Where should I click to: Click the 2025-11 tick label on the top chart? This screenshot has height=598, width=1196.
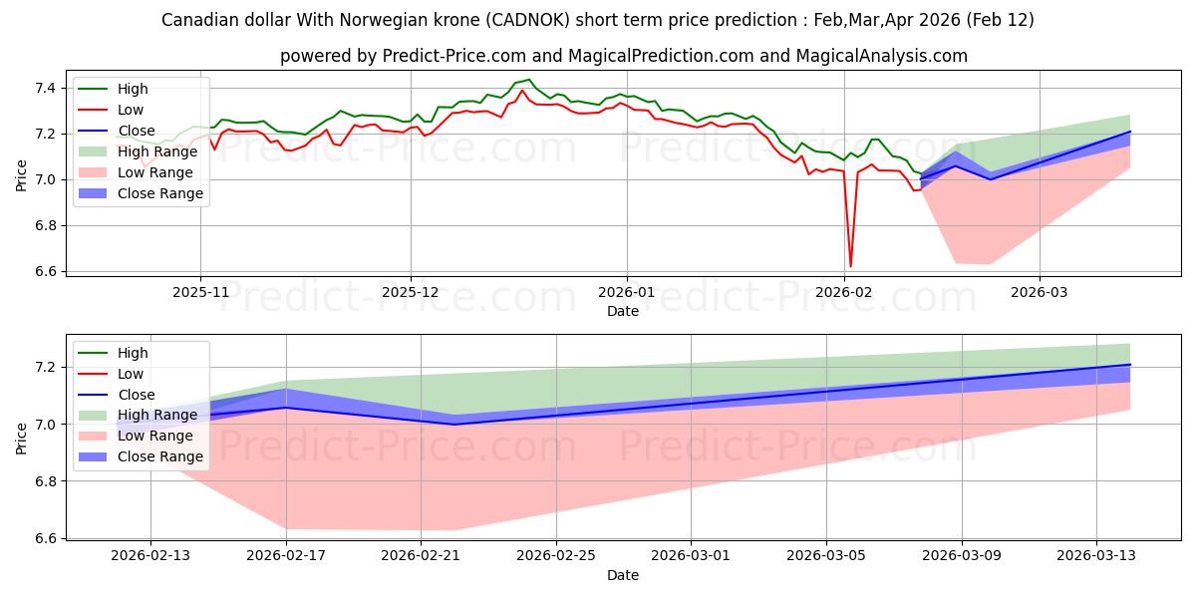(200, 292)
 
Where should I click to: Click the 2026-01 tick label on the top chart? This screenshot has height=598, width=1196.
(627, 292)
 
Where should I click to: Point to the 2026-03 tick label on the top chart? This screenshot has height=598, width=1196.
(1040, 292)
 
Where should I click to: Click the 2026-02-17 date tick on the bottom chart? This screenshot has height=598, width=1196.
(286, 556)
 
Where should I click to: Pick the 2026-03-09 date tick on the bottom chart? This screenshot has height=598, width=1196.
(962, 556)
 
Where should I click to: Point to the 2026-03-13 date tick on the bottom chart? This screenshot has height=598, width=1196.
(1096, 556)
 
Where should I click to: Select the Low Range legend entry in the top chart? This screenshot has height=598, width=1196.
(159, 172)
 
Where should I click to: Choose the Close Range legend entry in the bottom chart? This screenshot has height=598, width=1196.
(160, 456)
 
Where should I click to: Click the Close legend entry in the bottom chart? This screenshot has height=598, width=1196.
(137, 395)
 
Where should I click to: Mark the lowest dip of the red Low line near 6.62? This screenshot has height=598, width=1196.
(850, 267)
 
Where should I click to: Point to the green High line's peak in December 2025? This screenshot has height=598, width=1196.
(529, 80)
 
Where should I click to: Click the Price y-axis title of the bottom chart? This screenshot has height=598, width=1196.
(22, 438)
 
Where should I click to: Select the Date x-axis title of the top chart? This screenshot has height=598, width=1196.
(623, 311)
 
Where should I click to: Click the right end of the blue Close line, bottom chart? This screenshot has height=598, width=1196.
(1130, 365)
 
